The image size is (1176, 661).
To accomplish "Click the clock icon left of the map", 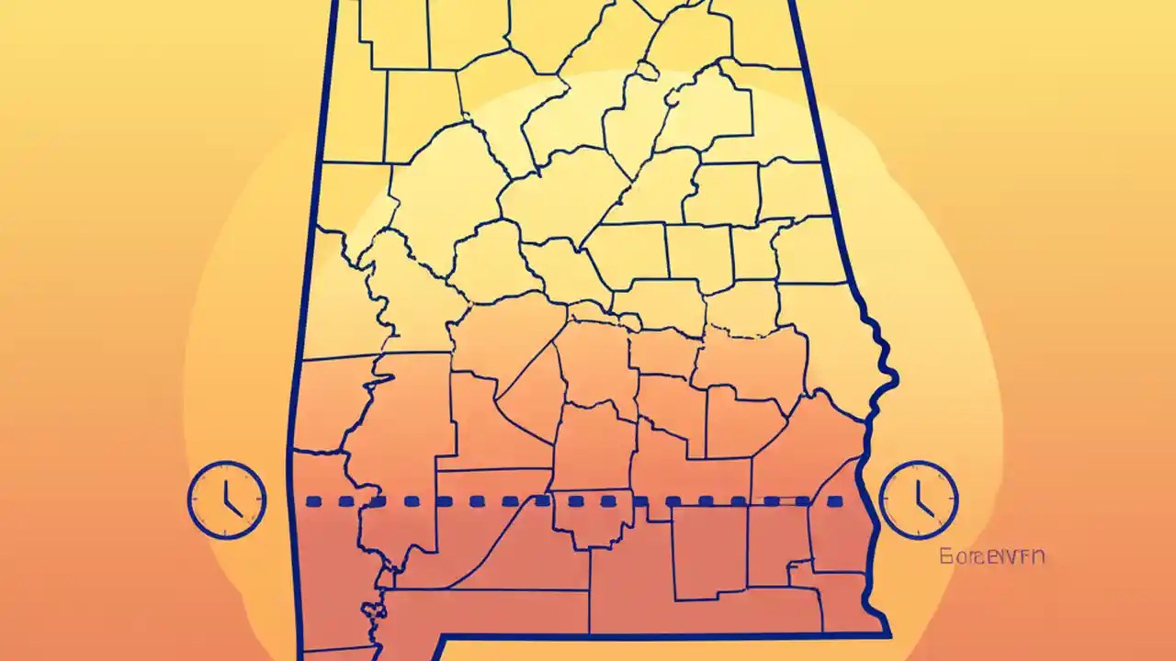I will (226, 500).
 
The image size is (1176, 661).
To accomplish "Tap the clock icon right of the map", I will (918, 500).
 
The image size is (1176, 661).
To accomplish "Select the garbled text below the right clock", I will (991, 556).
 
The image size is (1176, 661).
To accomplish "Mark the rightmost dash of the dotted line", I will (835, 502).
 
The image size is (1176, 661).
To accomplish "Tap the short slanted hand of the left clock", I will (231, 508).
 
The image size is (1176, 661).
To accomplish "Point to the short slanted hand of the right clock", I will (922, 508).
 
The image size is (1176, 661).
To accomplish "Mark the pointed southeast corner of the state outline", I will (888, 633).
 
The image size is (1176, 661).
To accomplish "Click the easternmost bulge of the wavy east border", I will (895, 372).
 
